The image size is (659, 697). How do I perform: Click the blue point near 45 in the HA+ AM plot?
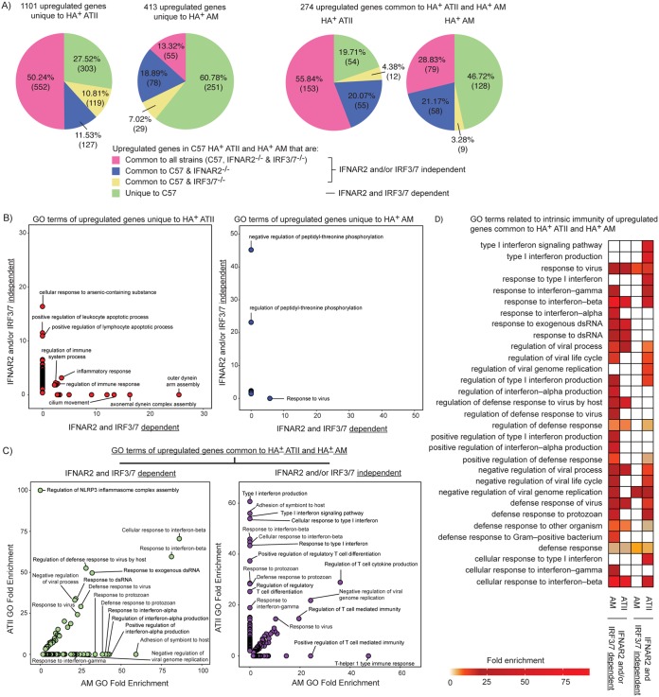coord(251,250)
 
